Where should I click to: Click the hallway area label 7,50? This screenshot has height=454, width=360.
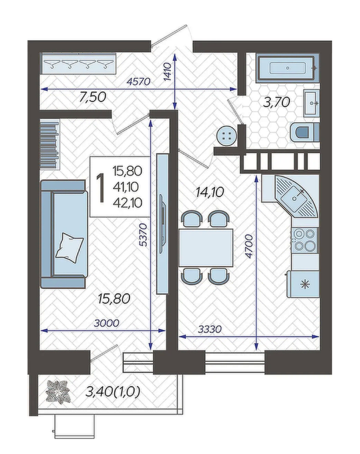pyautogui.click(x=93, y=97)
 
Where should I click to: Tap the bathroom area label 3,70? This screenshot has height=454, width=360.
pyautogui.click(x=277, y=102)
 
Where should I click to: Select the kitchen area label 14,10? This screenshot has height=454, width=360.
pyautogui.click(x=210, y=192)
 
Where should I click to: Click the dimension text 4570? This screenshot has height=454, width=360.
pyautogui.click(x=139, y=82)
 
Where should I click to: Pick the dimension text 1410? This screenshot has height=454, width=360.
pyautogui.click(x=168, y=72)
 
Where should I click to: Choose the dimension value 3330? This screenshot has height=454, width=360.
pyautogui.click(x=210, y=329)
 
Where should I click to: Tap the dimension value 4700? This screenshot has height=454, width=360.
pyautogui.click(x=249, y=246)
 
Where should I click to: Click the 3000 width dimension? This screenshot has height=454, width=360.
pyautogui.click(x=107, y=323)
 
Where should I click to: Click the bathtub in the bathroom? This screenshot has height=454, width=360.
pyautogui.click(x=287, y=68)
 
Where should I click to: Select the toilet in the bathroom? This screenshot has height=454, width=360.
pyautogui.click(x=304, y=132)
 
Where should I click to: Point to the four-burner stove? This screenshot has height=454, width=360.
pyautogui.click(x=305, y=240)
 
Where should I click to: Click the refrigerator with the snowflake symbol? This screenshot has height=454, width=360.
pyautogui.click(x=303, y=284)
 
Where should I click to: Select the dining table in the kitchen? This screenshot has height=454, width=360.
pyautogui.click(x=206, y=248)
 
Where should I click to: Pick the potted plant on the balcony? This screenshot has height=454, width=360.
pyautogui.click(x=58, y=392)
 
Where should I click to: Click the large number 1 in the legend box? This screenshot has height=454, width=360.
pyautogui.click(x=101, y=188)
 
